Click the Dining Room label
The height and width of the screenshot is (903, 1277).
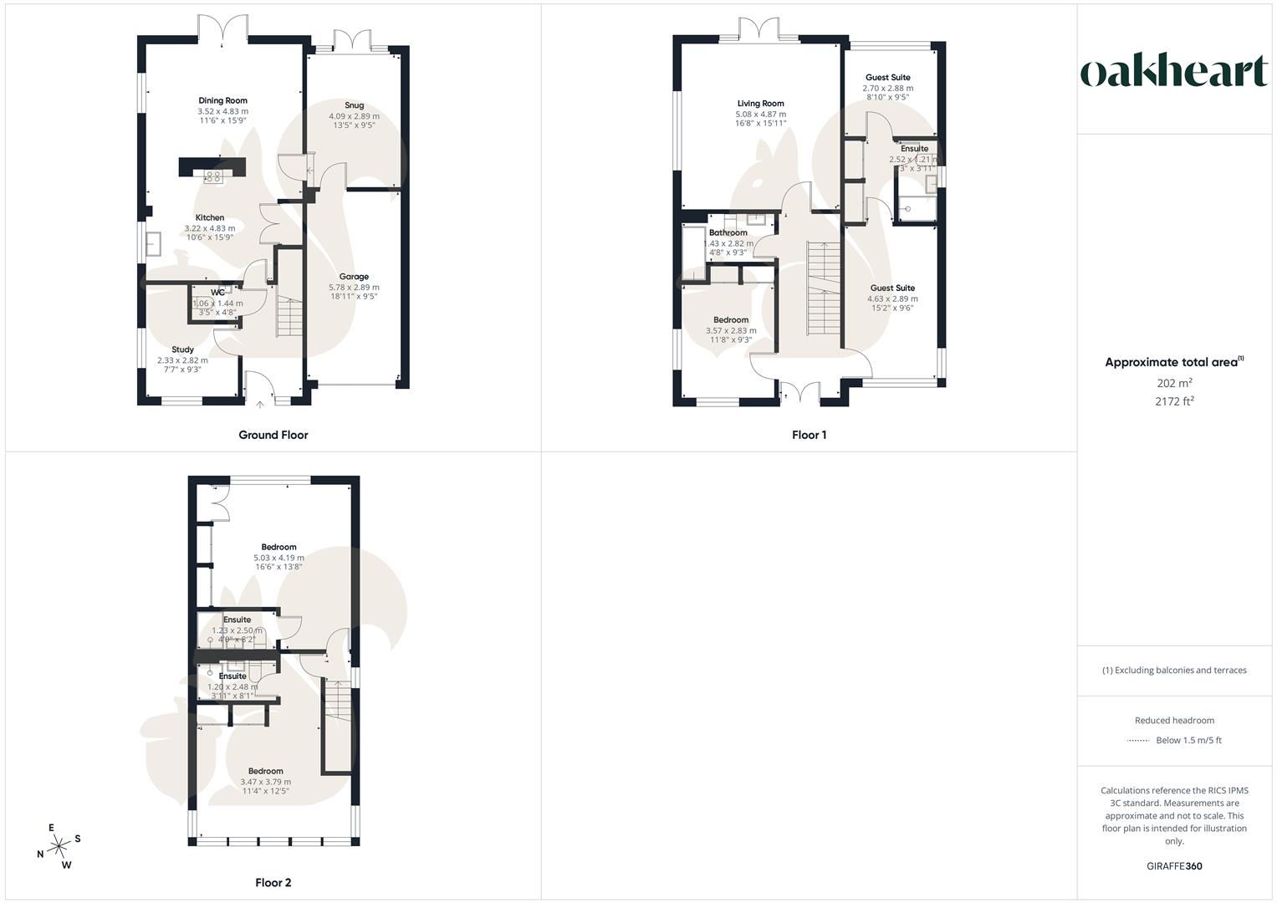click(222, 100)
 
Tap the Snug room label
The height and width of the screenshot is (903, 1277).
click(354, 105)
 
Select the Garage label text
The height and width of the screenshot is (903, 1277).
click(354, 277)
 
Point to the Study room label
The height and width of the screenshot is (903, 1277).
click(182, 349)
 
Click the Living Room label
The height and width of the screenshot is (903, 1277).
click(760, 104)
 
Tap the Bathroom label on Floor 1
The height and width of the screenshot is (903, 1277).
click(728, 232)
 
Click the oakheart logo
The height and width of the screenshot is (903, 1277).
click(1174, 71)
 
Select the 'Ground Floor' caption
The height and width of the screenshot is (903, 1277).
click(273, 435)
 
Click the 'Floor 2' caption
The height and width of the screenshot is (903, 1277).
click(273, 883)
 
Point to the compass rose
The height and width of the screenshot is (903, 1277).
click(59, 847)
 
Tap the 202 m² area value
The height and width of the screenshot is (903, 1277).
click(1174, 383)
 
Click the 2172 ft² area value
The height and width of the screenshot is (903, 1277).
click(1174, 401)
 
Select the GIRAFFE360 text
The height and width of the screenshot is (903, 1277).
click(1174, 866)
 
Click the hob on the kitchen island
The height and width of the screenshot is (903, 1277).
click(212, 176)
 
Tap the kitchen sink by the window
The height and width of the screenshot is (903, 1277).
click(154, 243)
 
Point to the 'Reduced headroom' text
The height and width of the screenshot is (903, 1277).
click(1174, 721)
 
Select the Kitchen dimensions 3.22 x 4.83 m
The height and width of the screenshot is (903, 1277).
click(209, 228)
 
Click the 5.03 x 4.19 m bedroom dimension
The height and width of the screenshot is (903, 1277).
click(278, 558)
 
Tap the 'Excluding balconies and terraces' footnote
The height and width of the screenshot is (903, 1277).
click(1174, 671)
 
